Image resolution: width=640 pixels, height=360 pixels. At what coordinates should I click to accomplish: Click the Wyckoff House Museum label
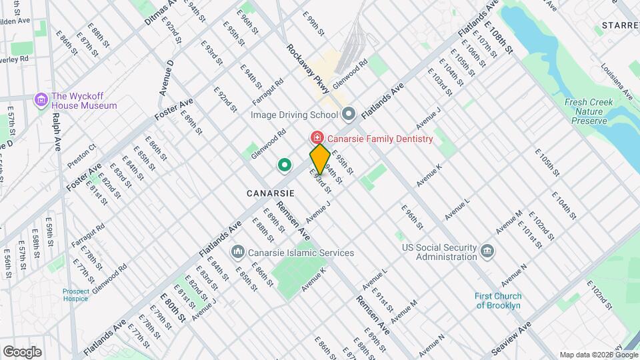pos(84,101)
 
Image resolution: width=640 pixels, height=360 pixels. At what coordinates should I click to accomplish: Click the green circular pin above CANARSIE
pos(285,164)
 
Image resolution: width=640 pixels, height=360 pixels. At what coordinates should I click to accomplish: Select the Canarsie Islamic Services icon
pos(237,252)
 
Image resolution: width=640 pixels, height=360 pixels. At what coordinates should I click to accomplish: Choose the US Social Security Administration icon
pos(488,251)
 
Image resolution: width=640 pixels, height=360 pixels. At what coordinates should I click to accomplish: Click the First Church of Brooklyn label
pos(498,301)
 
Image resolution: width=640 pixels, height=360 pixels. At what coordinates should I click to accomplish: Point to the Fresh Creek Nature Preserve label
pos(586,111)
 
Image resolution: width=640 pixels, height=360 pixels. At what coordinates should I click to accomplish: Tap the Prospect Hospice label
pos(75,295)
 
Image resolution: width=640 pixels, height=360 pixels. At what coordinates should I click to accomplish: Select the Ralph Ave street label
pos(57,131)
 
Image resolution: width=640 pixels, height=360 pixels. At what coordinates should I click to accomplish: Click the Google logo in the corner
pos(22,351)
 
